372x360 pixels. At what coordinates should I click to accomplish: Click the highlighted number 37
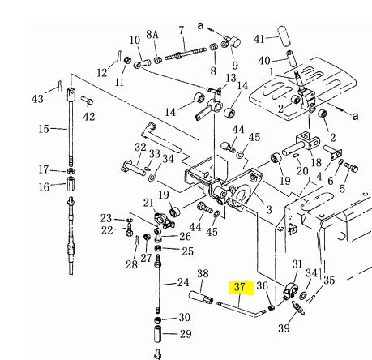(240, 287)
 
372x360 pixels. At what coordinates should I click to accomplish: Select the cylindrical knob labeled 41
(284, 36)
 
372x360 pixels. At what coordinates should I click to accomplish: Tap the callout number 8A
(152, 35)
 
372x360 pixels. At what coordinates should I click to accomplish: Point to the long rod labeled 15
(71, 126)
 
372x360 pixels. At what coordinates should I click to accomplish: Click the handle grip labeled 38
(201, 297)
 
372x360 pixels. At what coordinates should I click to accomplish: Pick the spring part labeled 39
(298, 308)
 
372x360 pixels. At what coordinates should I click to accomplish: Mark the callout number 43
(37, 99)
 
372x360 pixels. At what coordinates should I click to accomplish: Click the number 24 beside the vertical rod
(183, 283)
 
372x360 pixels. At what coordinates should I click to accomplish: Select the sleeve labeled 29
(158, 334)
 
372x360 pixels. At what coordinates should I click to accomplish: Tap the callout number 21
(148, 203)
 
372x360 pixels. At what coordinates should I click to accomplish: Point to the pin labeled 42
(88, 101)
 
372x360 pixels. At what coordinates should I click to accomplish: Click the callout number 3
(269, 209)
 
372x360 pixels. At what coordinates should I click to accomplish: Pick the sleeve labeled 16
(71, 183)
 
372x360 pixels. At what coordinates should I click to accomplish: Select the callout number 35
(329, 281)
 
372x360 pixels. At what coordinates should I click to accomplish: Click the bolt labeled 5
(351, 167)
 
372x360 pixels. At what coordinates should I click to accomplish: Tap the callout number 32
(140, 148)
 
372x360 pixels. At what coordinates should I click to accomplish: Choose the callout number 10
(135, 41)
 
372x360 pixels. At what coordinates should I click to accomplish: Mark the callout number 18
(316, 163)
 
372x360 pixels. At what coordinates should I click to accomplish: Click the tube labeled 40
(291, 58)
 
